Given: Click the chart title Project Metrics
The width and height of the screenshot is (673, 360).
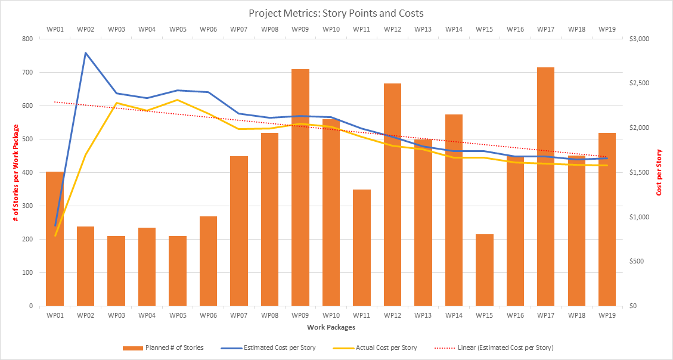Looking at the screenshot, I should pyautogui.click(x=336, y=13).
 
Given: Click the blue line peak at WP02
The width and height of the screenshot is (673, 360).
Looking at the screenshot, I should pyautogui.click(x=85, y=53).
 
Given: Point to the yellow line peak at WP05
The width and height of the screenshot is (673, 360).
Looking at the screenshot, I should pyautogui.click(x=178, y=100).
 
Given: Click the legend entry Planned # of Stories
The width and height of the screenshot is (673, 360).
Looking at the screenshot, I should pyautogui.click(x=163, y=347).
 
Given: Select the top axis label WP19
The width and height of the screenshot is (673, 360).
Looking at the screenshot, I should pyautogui.click(x=607, y=29).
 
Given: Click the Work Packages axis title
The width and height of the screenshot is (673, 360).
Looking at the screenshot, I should pyautogui.click(x=331, y=327).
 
